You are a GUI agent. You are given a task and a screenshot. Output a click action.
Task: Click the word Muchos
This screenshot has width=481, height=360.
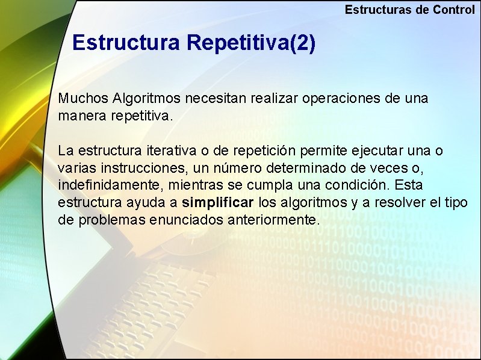[83, 98]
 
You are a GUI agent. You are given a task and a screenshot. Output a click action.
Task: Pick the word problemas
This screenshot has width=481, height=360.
[114, 220]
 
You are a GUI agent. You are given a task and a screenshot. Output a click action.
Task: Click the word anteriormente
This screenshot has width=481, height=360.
[273, 220]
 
